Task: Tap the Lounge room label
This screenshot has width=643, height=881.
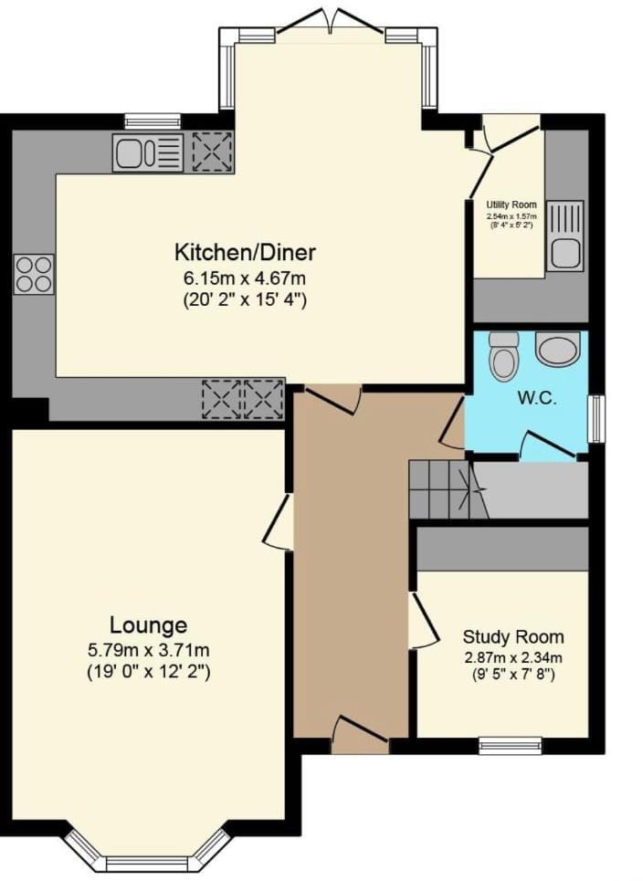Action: [149, 625]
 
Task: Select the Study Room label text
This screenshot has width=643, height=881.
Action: [512, 637]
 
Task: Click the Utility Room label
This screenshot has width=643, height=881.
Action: [511, 205]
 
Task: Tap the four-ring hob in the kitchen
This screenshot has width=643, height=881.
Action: [34, 273]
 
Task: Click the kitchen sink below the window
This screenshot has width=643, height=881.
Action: [148, 152]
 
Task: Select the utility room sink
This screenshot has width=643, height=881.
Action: [564, 236]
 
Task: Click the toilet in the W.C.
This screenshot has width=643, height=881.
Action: [504, 356]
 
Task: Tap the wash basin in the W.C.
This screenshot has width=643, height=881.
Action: [557, 349]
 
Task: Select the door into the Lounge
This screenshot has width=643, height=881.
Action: [280, 522]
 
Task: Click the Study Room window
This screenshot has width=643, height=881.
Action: [510, 745]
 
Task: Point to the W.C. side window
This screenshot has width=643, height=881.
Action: [596, 419]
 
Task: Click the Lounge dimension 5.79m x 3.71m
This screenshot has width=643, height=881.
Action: [149, 651]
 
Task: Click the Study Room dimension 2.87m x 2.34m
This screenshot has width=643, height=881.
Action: [512, 657]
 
